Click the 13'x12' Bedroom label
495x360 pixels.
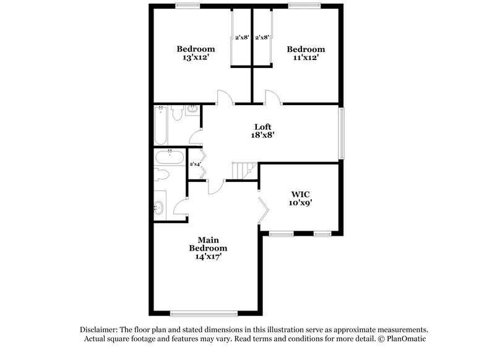coord(196,53)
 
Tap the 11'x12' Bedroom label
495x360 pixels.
coord(305,53)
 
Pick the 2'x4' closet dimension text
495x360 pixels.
coord(196,164)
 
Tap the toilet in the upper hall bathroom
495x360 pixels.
coord(176,113)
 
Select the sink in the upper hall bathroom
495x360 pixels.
coord(192,111)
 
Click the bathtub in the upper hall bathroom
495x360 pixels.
coord(161,124)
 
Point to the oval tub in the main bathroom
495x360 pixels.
coord(168,156)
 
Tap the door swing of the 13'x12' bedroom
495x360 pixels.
coord(224,98)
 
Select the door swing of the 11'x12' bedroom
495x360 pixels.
coord(272,98)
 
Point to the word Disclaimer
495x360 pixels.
coord(100,330)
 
